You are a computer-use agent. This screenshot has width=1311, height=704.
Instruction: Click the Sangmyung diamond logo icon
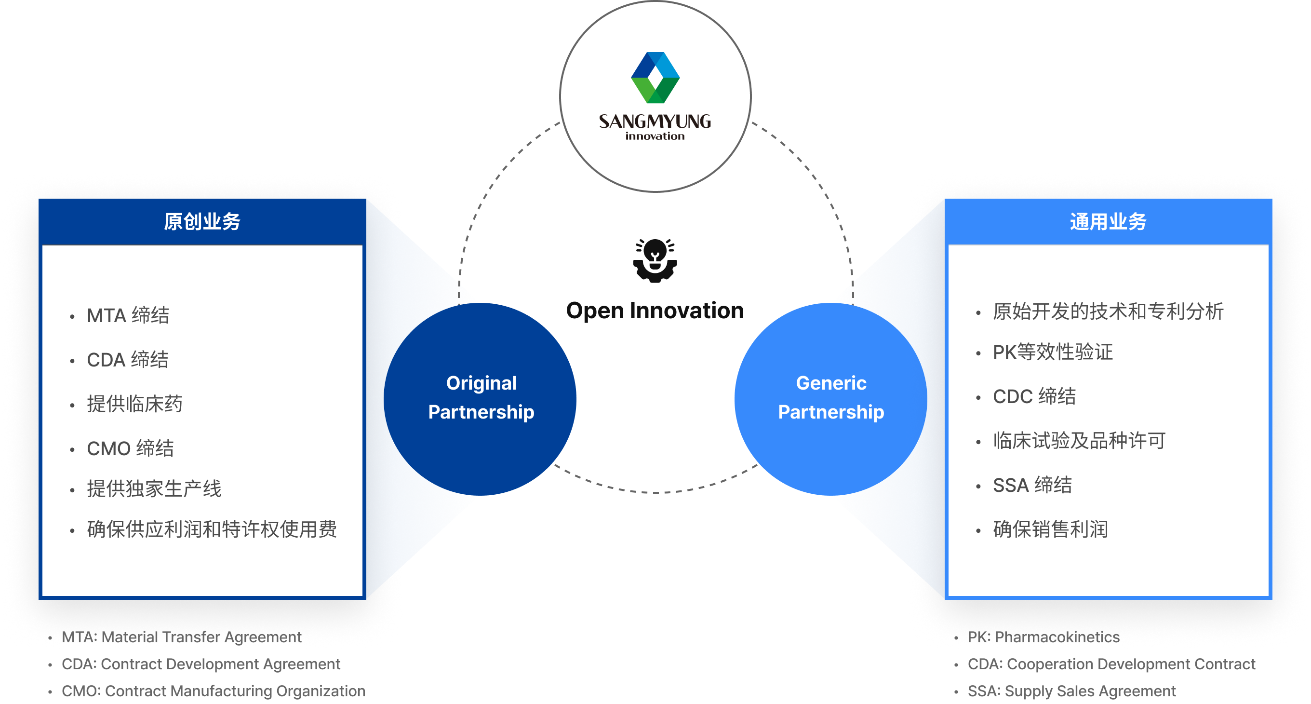tap(655, 77)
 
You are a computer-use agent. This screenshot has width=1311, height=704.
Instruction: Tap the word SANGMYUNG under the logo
tap(655, 121)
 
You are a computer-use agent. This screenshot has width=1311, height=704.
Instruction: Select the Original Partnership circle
tap(481, 398)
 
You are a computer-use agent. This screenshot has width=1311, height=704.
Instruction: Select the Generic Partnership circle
tap(830, 398)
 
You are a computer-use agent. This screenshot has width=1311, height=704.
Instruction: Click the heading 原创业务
tap(202, 222)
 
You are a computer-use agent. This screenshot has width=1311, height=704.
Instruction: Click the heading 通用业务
tap(1108, 222)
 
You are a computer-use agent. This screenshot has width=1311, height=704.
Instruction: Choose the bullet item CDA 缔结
tap(127, 360)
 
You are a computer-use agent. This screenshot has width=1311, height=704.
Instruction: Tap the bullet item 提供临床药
tap(134, 404)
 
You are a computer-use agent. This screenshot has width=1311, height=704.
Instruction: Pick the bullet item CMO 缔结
tap(130, 448)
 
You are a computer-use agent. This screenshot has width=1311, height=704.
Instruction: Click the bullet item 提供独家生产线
tap(154, 488)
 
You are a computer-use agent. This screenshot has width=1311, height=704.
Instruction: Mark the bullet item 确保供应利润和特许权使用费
tap(212, 529)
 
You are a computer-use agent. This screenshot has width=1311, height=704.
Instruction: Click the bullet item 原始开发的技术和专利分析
tap(1108, 311)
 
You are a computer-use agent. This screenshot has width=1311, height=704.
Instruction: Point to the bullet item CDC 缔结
tap(1034, 396)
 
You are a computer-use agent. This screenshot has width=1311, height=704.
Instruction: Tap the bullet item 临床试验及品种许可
tap(1079, 441)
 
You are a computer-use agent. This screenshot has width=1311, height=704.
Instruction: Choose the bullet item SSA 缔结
tap(1032, 485)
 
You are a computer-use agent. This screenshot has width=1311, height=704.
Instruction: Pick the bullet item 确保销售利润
tap(1050, 529)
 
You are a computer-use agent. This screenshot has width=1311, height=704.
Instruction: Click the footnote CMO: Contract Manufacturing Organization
tap(213, 691)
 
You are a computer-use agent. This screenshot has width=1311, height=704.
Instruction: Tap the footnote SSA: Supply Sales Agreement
tap(1071, 691)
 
